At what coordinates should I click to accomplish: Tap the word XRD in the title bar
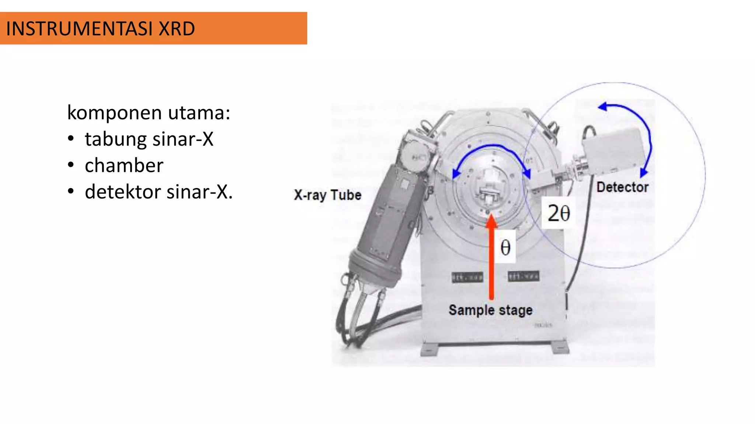177,29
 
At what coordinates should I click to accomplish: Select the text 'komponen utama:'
149,113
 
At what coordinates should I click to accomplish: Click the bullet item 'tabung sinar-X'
149,139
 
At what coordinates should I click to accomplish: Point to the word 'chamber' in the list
124,166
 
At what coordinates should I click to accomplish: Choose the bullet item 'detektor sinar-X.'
159,192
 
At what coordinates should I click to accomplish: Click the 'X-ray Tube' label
327,195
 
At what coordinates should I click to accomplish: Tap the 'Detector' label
622,187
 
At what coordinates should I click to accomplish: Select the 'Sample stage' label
490,310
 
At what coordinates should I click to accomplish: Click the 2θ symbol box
559,213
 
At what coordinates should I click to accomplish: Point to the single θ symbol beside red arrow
505,247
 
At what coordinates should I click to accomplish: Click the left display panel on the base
467,277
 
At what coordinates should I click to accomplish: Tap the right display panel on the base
523,276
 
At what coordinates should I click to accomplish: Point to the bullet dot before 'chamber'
71,165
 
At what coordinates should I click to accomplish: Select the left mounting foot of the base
430,349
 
